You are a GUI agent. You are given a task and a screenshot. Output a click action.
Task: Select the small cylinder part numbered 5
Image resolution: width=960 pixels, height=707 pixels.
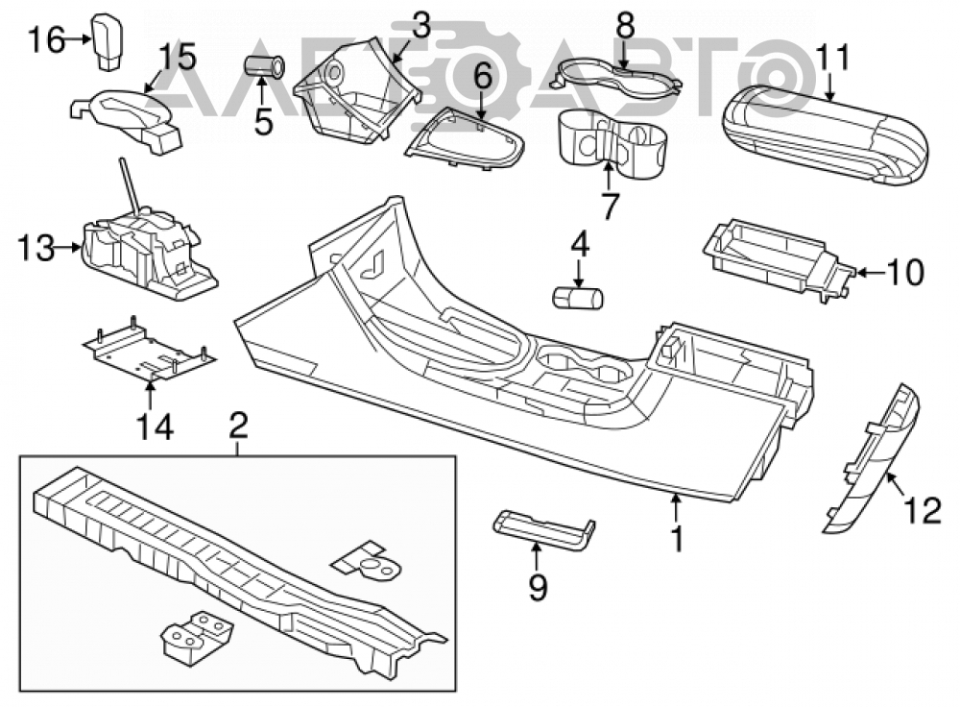[265, 67]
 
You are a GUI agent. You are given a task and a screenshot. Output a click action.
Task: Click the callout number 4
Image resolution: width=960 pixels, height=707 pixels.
[579, 244]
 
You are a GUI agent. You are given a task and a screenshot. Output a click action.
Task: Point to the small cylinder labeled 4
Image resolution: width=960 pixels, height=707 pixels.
[577, 298]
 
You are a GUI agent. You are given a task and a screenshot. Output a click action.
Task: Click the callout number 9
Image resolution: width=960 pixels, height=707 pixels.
[537, 587]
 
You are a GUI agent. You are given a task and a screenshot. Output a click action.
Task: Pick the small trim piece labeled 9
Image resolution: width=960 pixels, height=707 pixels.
[543, 528]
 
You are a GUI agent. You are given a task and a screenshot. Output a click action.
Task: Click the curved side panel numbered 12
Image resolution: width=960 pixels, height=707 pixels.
[872, 459]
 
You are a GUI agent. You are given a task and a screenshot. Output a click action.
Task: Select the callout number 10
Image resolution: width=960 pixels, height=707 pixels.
[905, 273]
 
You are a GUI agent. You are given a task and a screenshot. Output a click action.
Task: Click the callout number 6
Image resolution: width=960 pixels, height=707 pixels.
[483, 79]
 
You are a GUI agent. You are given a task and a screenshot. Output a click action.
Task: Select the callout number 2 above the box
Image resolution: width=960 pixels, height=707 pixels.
[238, 426]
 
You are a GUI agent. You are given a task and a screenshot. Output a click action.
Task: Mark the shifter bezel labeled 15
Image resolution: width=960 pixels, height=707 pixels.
[127, 120]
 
